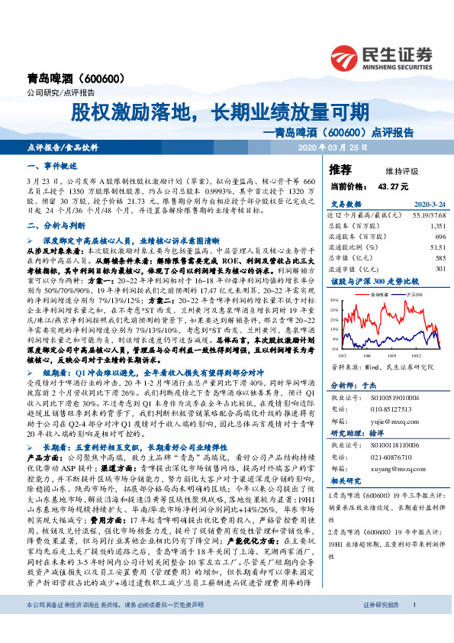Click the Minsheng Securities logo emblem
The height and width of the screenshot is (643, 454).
pos(347,56)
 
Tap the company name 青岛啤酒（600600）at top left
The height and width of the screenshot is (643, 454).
pos(71,78)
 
